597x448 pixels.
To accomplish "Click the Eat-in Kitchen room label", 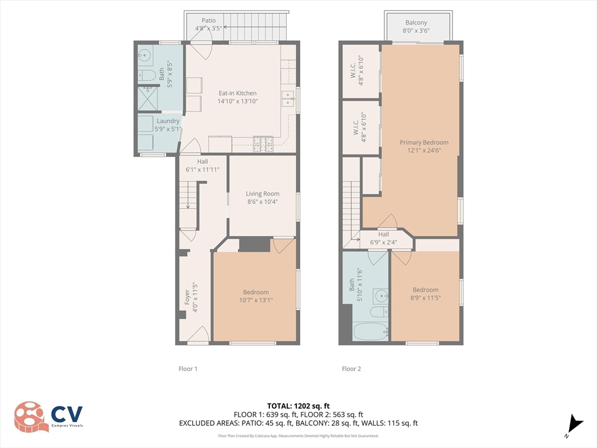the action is [238, 93].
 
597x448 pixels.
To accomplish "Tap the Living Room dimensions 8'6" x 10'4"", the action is [262, 202].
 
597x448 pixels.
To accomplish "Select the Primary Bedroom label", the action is [424, 142].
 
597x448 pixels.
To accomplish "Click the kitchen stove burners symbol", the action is [263, 144].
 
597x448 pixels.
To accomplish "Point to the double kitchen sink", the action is [288, 98].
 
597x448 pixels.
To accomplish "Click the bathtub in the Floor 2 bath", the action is [370, 331].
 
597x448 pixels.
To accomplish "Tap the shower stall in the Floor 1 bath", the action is [148, 98].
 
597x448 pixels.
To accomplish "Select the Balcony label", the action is [416, 23].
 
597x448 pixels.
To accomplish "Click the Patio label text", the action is [209, 20].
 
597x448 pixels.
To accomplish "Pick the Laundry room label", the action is [168, 121].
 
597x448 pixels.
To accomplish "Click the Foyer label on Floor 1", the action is [187, 297].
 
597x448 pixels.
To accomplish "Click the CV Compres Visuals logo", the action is [48, 416].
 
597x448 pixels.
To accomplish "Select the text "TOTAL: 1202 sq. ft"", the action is [298, 406].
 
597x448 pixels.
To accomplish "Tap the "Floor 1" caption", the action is [188, 369].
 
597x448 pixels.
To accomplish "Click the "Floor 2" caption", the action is [352, 369].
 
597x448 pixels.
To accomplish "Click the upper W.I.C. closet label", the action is [353, 71].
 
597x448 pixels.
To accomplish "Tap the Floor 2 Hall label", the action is [384, 235].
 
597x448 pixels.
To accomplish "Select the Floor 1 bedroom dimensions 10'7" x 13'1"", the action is [256, 300].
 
